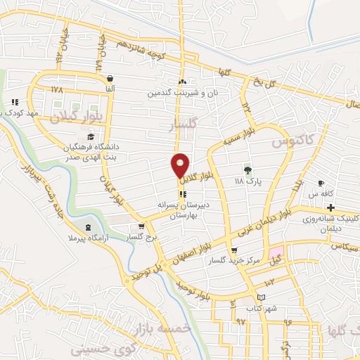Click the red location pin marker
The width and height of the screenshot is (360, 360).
point(181,166)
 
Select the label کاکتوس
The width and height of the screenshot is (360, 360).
point(290,143)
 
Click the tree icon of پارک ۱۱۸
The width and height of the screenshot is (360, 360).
point(247,169)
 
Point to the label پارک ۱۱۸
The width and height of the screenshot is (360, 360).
point(247,181)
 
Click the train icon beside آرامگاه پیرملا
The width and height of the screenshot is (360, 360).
point(88,227)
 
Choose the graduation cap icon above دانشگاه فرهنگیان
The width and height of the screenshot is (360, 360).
point(89,136)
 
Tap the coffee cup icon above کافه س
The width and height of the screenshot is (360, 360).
point(321,182)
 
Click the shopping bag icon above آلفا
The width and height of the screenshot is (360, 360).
point(109,79)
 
